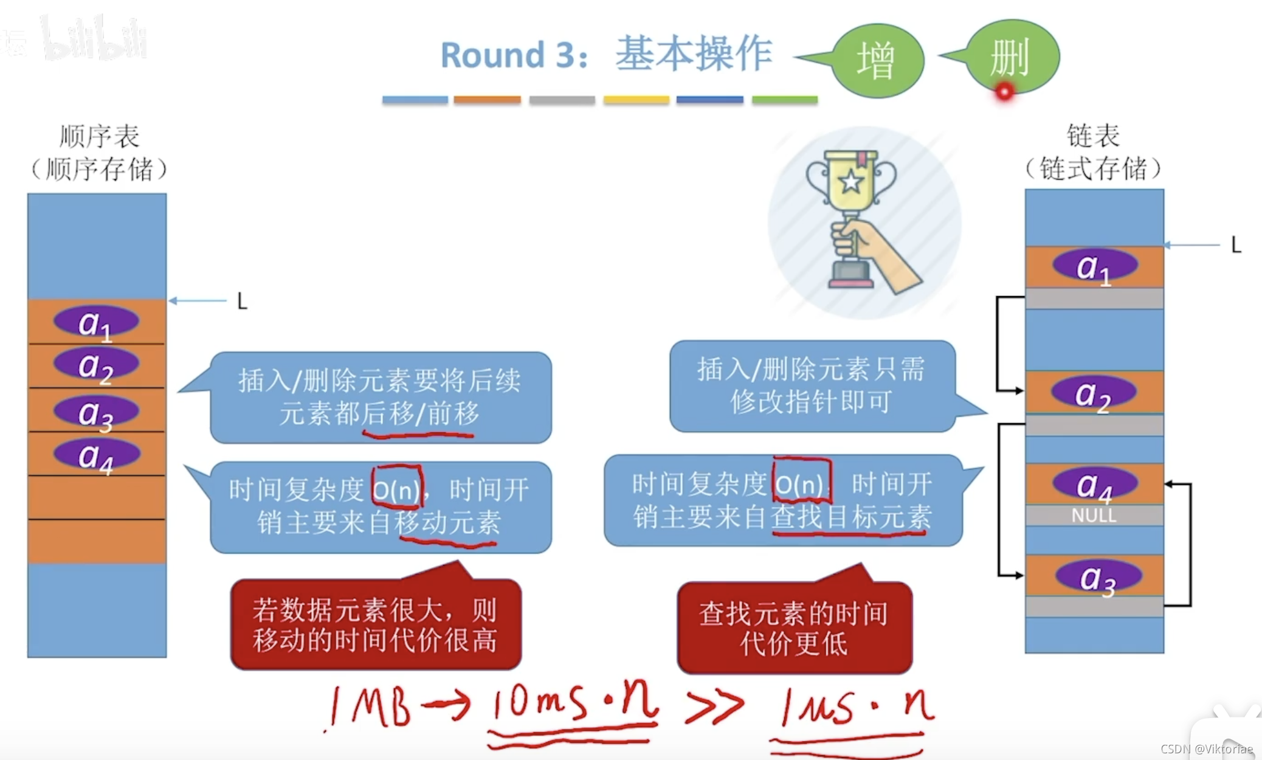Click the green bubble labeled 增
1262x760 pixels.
click(877, 60)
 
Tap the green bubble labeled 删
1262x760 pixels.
click(1012, 56)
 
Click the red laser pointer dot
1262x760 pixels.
click(1004, 92)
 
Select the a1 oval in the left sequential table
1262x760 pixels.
click(96, 322)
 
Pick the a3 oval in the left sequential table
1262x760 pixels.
click(96, 412)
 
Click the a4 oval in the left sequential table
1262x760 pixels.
click(96, 455)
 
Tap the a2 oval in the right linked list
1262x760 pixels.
click(1094, 392)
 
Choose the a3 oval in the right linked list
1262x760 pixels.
click(1097, 576)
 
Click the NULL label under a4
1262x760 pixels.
click(1094, 516)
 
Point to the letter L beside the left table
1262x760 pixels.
click(242, 301)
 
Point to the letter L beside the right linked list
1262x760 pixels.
click(1236, 245)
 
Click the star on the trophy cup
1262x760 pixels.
click(850, 181)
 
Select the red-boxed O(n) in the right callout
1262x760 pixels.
click(801, 483)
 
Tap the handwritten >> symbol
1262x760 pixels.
click(714, 706)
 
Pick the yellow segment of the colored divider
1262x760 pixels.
click(636, 100)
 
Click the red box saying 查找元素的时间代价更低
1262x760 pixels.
click(795, 627)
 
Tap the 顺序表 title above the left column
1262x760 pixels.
click(99, 136)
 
